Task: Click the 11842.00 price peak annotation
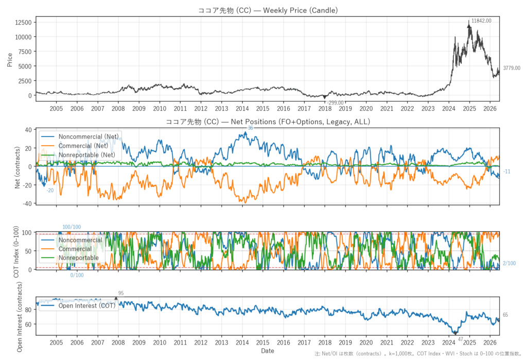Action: coord(481,21)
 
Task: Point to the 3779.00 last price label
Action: coord(512,68)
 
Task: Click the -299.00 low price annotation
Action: coord(335,102)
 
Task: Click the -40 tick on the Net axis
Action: coord(28,203)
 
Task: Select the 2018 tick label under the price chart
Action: coord(325,108)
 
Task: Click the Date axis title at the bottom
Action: coord(268,351)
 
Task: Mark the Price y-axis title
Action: coord(9,60)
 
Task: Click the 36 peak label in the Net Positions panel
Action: coord(251,128)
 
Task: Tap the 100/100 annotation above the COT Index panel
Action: coord(72,227)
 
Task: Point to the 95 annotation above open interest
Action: coord(121,293)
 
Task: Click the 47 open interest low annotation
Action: coord(461,339)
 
